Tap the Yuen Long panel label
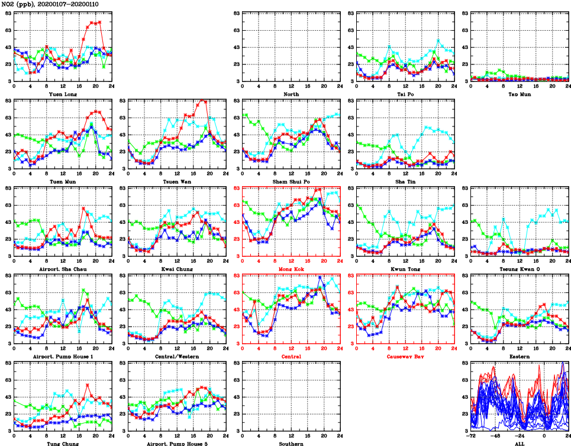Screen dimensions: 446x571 63,94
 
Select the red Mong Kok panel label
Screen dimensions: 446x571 291,269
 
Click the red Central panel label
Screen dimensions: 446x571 291,356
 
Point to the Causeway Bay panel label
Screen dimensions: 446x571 405,356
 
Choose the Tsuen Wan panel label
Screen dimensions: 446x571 177,181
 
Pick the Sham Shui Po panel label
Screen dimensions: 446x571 291,181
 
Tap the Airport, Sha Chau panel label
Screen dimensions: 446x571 63,269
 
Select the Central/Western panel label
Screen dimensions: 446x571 177,356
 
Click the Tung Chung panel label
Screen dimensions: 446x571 63,443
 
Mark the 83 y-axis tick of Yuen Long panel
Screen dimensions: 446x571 8,13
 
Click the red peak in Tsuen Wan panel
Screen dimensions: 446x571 203,100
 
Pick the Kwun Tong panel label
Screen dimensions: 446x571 405,269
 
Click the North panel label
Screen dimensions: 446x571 291,94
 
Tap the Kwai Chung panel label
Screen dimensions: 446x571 177,269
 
